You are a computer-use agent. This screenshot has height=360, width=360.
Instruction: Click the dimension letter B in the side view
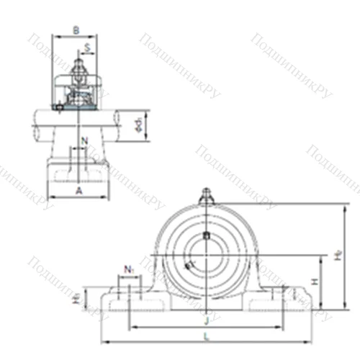click(76, 30)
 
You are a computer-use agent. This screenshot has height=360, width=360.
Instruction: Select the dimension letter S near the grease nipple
click(87, 48)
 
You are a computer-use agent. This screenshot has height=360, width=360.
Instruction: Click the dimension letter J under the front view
click(207, 320)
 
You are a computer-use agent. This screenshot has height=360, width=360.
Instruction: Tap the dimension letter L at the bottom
click(207, 336)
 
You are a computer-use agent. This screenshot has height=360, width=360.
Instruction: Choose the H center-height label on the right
click(315, 283)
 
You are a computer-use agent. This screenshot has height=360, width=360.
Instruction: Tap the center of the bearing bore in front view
click(207, 253)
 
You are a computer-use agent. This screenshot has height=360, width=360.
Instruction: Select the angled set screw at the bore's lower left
click(189, 266)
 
